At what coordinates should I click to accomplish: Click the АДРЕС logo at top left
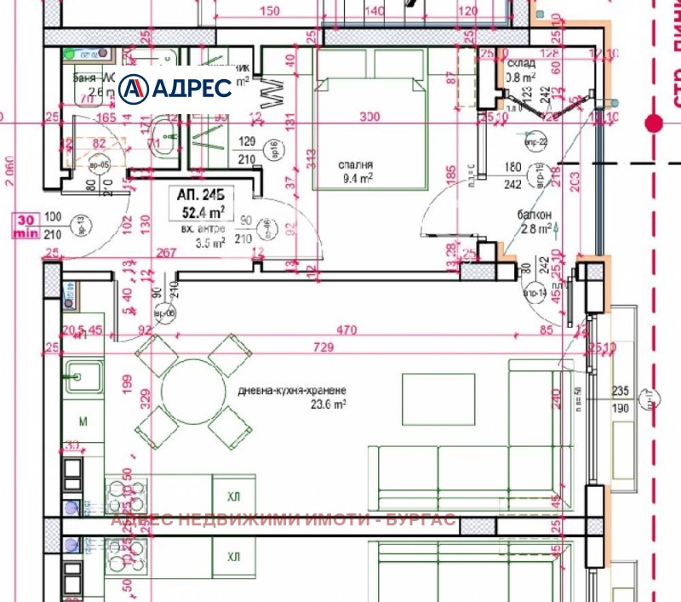[175, 88]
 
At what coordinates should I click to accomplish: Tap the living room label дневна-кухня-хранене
[292, 391]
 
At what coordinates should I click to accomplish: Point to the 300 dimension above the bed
[369, 117]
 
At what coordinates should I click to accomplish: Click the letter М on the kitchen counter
[83, 421]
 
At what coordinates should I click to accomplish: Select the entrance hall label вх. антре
[203, 229]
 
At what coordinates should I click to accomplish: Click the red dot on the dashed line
[654, 123]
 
